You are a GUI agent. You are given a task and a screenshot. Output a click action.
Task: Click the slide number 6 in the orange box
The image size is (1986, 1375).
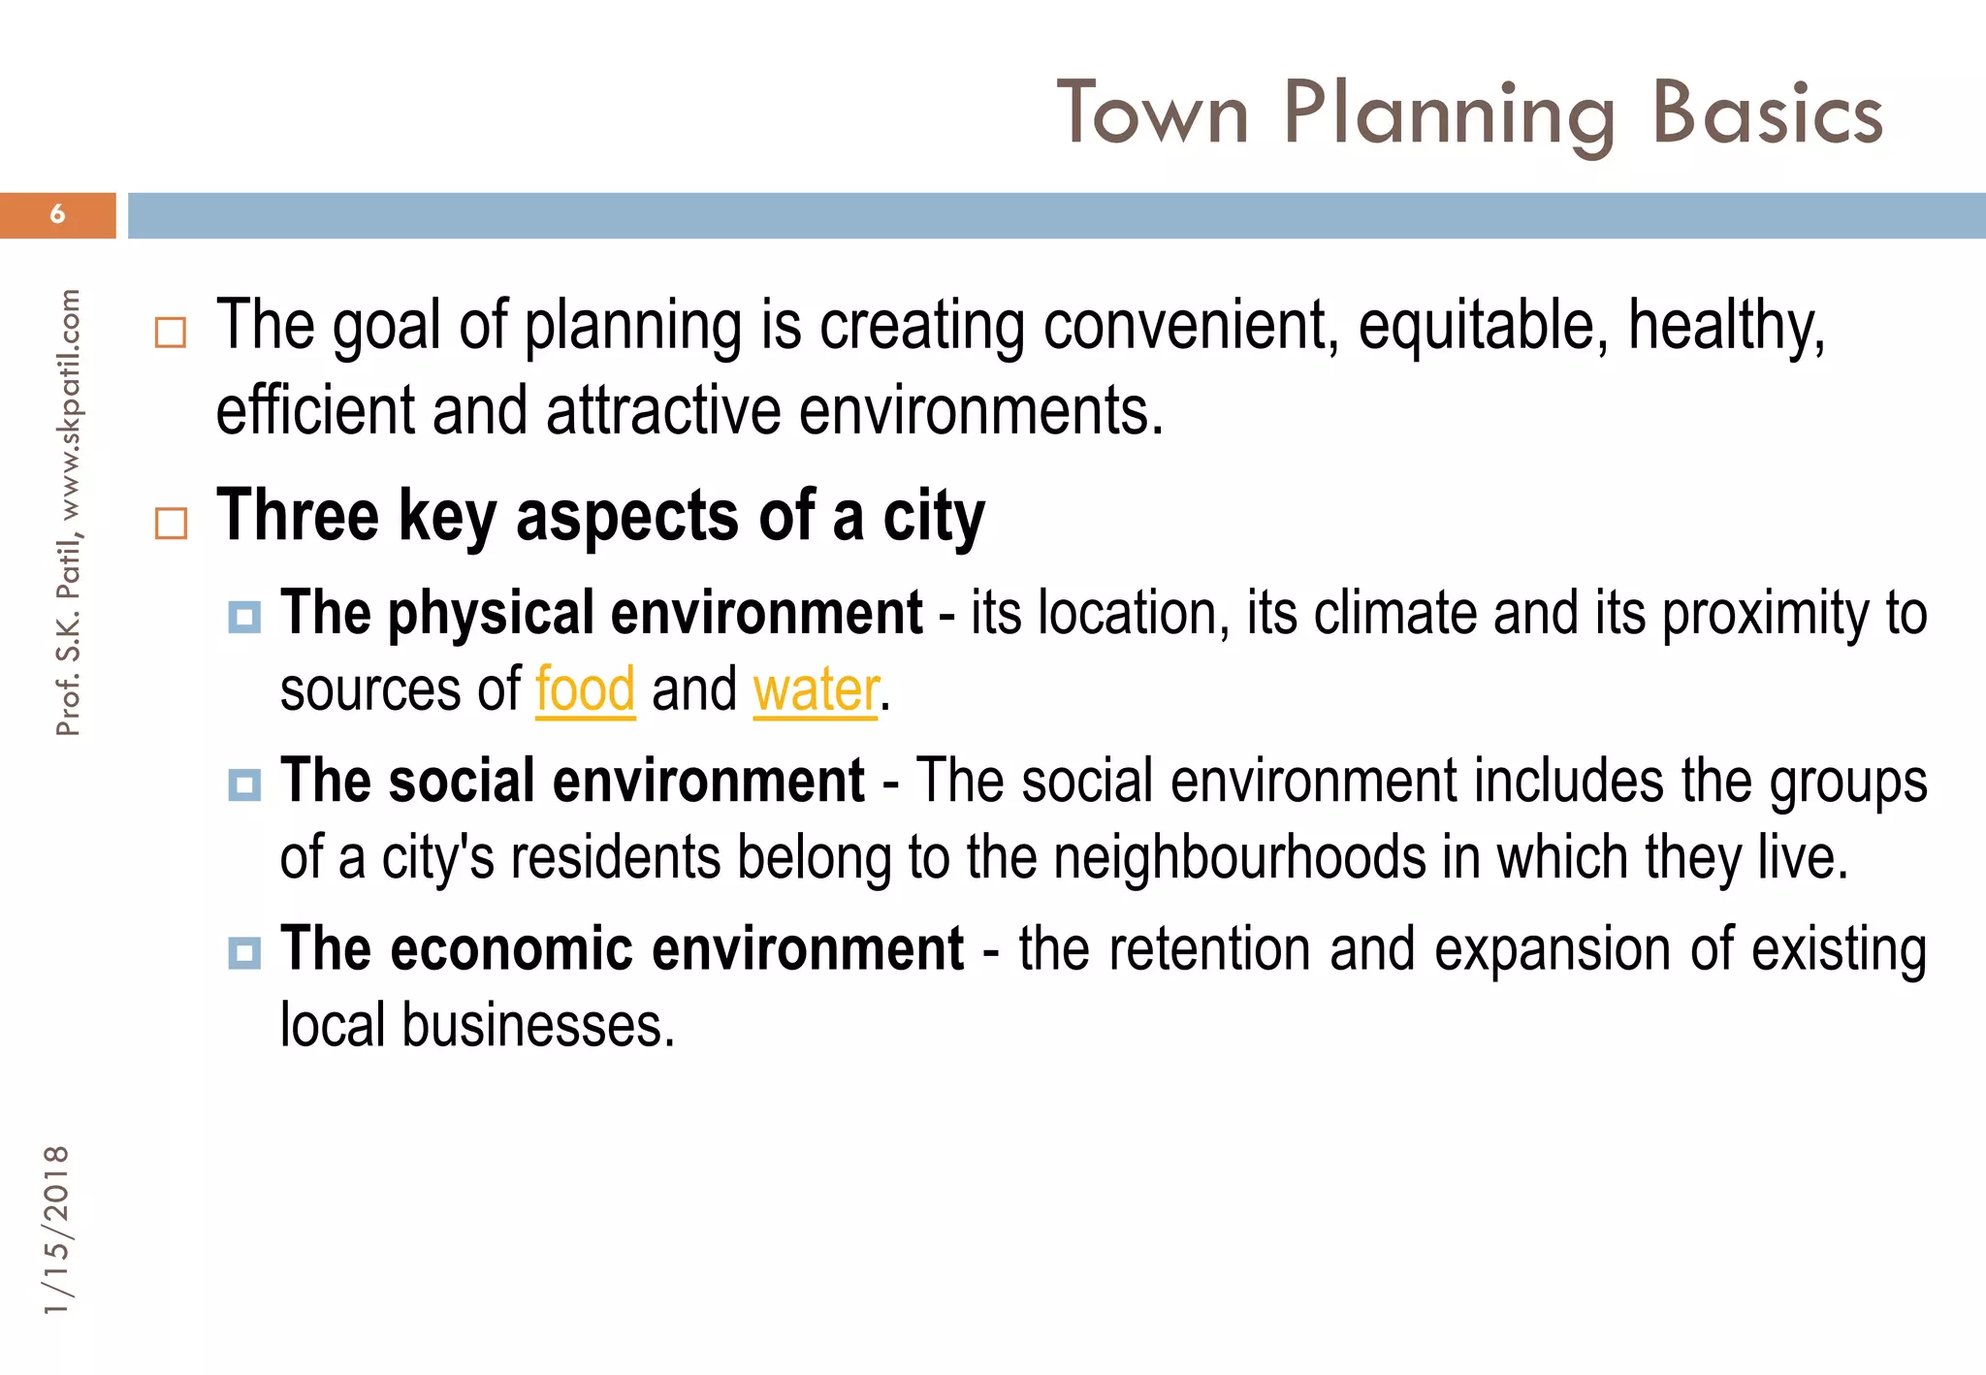tap(57, 214)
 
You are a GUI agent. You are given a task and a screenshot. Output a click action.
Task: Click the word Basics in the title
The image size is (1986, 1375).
tap(1767, 114)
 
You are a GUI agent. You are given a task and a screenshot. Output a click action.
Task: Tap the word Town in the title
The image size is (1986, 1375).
tap(1152, 114)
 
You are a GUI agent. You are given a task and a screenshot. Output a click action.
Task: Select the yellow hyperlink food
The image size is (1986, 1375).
tap(585, 690)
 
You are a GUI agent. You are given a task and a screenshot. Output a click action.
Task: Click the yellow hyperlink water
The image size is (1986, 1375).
tap(815, 690)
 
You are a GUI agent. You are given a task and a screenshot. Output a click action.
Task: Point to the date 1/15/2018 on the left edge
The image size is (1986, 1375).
tap(57, 1230)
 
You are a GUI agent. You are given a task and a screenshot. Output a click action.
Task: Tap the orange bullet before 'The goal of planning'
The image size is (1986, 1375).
tap(171, 333)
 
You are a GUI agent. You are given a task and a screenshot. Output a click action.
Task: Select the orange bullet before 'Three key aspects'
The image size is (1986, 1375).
tap(171, 524)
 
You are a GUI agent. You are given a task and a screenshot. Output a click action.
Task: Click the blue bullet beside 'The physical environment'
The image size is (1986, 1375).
tap(244, 617)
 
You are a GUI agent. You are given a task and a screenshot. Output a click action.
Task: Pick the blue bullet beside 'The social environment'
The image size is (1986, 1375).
tap(244, 784)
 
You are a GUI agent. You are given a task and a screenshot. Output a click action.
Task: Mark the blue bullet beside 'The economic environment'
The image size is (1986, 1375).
tap(244, 952)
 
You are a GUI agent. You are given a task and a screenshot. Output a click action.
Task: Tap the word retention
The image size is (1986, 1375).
tap(1209, 949)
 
